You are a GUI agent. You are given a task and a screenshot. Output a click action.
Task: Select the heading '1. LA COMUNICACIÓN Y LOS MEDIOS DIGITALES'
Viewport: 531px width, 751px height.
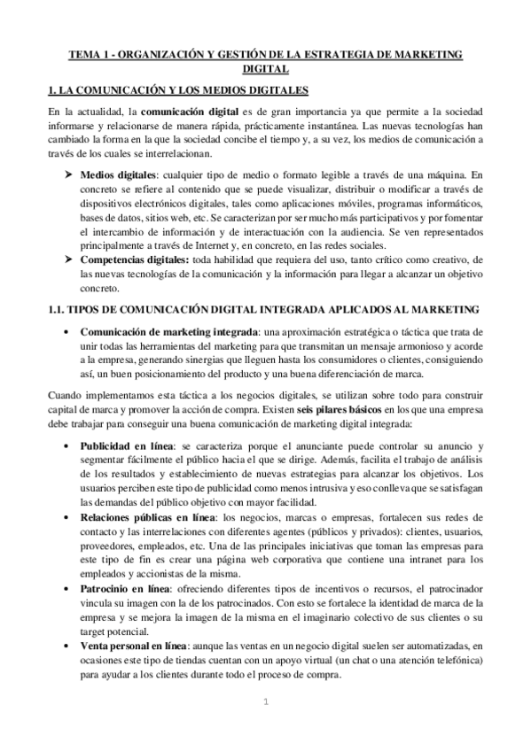click(177, 90)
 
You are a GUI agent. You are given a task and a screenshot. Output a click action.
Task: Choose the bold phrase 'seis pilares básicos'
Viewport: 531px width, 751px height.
click(322, 416)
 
